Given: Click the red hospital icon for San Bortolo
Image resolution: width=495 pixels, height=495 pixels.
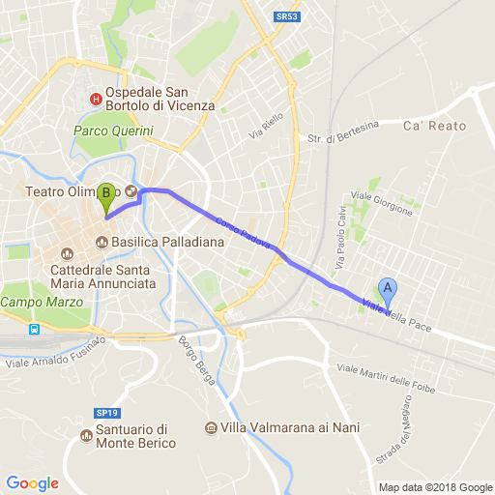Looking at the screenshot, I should (95, 98).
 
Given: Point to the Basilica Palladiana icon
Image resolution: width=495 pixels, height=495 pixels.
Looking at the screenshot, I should (102, 241).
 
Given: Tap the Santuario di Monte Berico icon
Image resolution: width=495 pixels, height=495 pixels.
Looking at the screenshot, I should (85, 436).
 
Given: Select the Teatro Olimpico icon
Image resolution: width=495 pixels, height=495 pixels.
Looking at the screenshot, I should (131, 190).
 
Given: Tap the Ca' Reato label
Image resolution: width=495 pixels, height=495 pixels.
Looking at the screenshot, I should (434, 126).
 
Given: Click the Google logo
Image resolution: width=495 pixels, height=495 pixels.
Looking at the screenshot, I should (32, 482).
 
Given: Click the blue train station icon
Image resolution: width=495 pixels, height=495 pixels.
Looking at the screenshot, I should (34, 330).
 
